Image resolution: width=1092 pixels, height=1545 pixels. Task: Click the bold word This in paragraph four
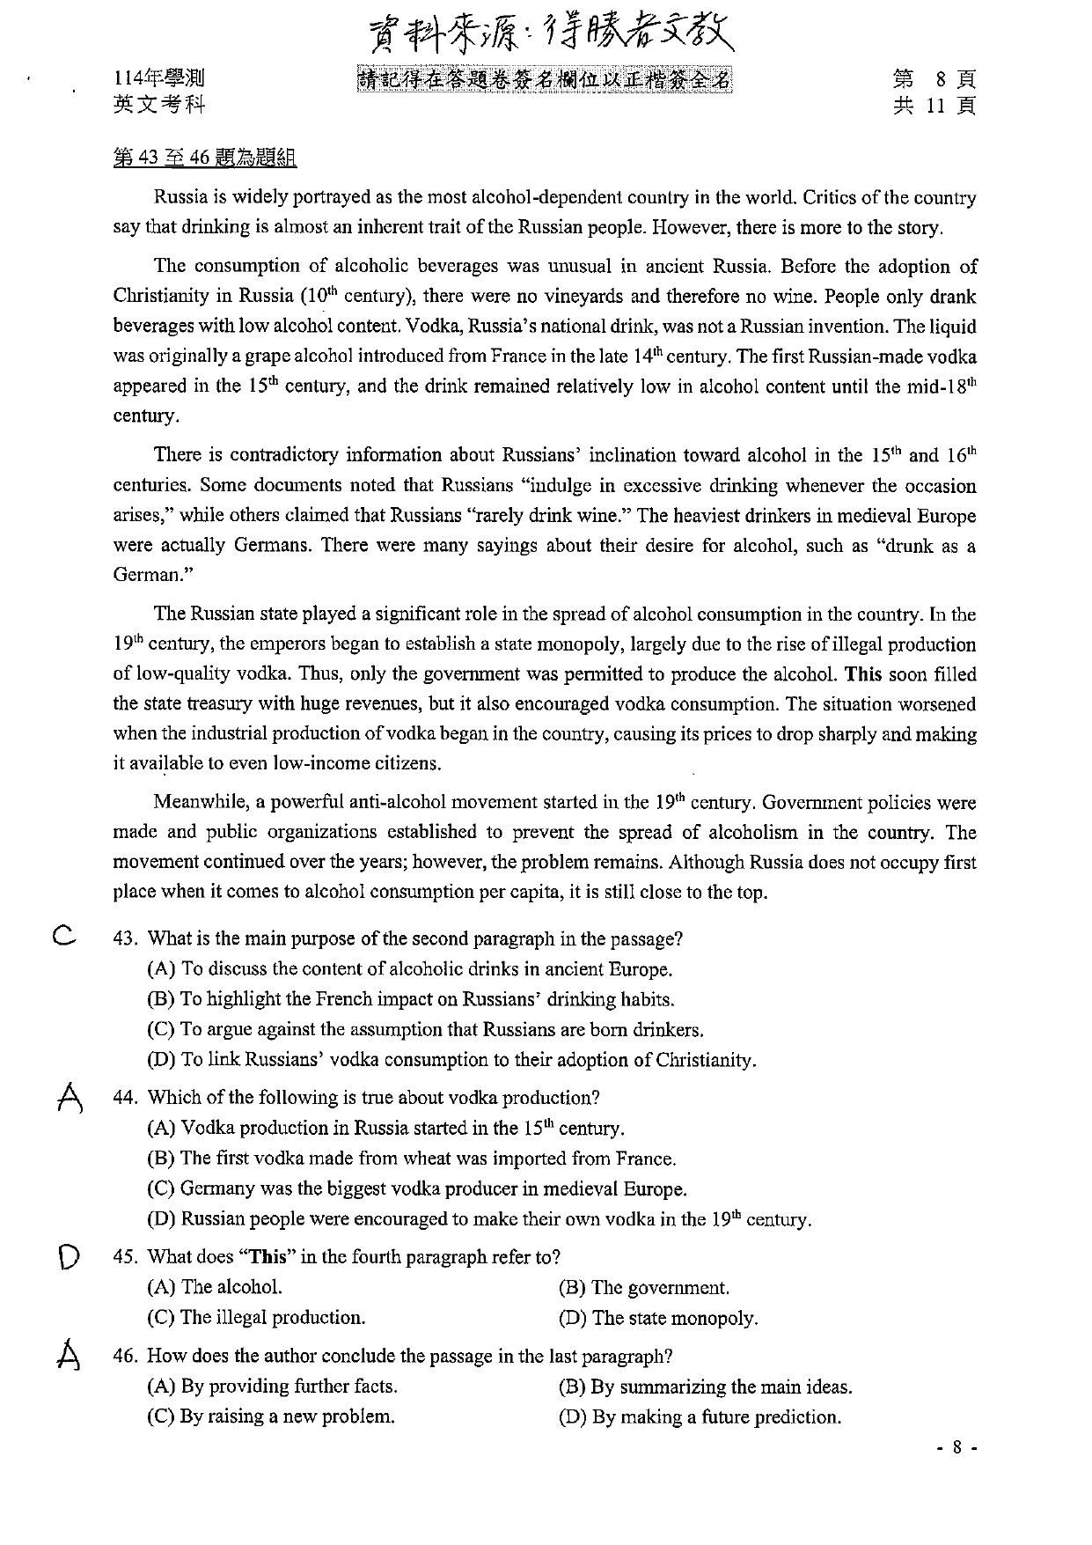pos(862,674)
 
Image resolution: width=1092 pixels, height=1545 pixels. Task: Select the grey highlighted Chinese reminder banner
pos(544,80)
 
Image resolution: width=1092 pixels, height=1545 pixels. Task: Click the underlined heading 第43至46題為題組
pos(204,158)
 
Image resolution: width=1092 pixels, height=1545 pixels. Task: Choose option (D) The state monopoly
pos(657,1318)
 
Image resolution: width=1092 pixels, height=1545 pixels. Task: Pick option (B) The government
pos(643,1288)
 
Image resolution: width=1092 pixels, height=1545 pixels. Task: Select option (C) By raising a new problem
pos(270,1416)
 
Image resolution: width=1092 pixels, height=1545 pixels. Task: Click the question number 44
pos(127,1098)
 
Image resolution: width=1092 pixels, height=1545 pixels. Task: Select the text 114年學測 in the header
pos(159,80)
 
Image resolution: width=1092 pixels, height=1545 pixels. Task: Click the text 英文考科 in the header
pos(159,105)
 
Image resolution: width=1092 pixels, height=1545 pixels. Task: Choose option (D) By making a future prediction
pos(700,1416)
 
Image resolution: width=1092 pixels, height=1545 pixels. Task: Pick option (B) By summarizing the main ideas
pos(705,1387)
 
